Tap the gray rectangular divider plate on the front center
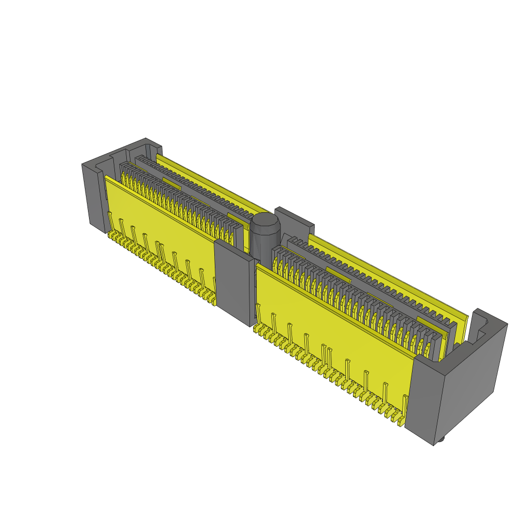[234, 282]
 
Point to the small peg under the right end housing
[441, 440]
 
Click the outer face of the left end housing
[91, 194]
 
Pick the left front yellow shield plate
[160, 217]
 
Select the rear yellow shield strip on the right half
[388, 274]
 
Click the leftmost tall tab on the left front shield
[109, 220]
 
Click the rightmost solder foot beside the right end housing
[401, 422]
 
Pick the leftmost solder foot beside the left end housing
[110, 235]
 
